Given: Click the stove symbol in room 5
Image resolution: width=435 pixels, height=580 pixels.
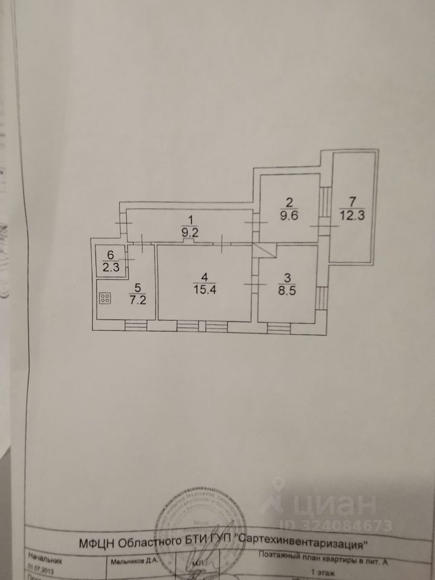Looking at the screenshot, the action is pos(105,298).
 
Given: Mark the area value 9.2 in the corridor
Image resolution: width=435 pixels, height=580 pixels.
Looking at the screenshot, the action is pos(191,230).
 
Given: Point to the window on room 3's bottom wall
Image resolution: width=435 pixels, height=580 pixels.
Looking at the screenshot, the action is pos(279,326).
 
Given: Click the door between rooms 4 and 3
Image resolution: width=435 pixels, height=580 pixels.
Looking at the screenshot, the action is pos(253,283).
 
